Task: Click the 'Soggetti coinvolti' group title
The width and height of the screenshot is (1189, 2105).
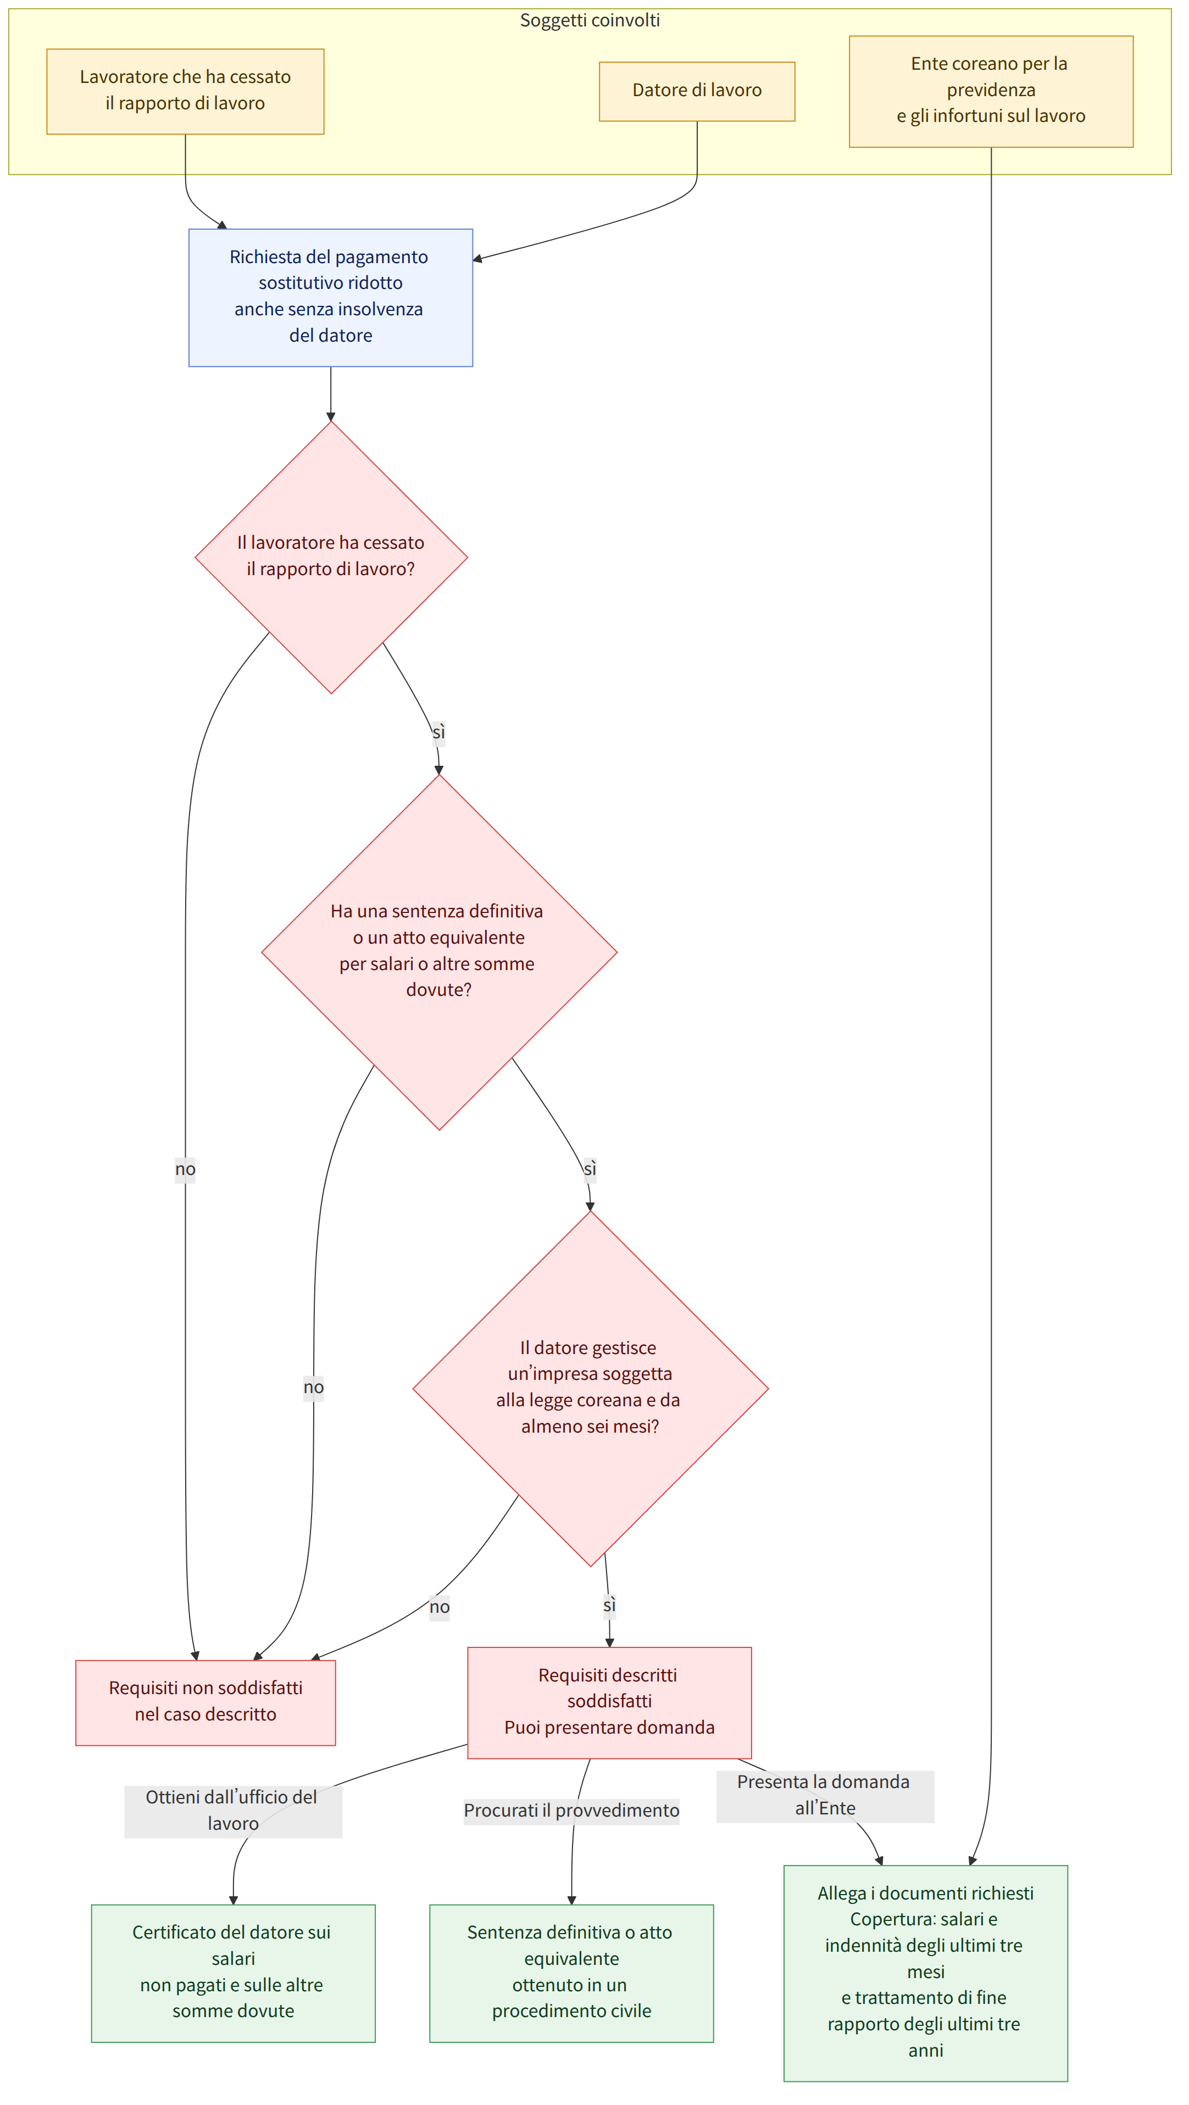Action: [590, 20]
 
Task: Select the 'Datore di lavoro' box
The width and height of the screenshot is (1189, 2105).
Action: [697, 92]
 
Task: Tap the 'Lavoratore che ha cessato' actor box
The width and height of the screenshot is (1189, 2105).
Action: [186, 92]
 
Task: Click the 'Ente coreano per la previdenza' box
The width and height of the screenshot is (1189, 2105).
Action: [991, 92]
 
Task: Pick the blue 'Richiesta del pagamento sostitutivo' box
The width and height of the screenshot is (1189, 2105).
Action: [331, 297]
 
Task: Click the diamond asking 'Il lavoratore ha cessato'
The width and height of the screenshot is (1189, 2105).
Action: [331, 558]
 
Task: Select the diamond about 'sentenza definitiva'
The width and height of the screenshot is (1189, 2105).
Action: [439, 952]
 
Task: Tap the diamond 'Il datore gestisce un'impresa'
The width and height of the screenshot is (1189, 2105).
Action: [590, 1388]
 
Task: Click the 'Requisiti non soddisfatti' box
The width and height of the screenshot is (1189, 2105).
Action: [206, 1702]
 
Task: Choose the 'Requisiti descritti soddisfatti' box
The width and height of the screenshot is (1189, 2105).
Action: [610, 1702]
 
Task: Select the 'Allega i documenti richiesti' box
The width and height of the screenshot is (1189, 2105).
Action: [926, 1973]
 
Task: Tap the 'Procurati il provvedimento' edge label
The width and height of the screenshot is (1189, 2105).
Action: [572, 1810]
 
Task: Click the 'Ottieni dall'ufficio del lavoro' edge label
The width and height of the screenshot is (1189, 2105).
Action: [233, 1810]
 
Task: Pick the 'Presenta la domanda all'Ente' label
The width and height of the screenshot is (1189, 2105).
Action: [825, 1795]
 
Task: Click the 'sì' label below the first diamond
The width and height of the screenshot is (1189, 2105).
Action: [439, 732]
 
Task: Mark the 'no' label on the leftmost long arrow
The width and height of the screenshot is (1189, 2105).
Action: [186, 1170]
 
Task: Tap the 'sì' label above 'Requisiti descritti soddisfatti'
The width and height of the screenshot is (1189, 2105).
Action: [610, 1606]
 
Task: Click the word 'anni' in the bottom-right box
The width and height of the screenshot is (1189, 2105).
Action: [926, 2050]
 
